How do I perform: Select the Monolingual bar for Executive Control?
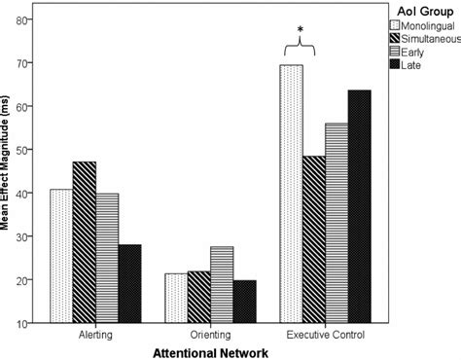pos(291,194)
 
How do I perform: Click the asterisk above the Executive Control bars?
pos(302,30)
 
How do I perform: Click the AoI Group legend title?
pos(416,10)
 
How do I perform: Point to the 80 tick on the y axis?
pos(30,18)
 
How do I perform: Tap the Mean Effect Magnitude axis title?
pos(9,171)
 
